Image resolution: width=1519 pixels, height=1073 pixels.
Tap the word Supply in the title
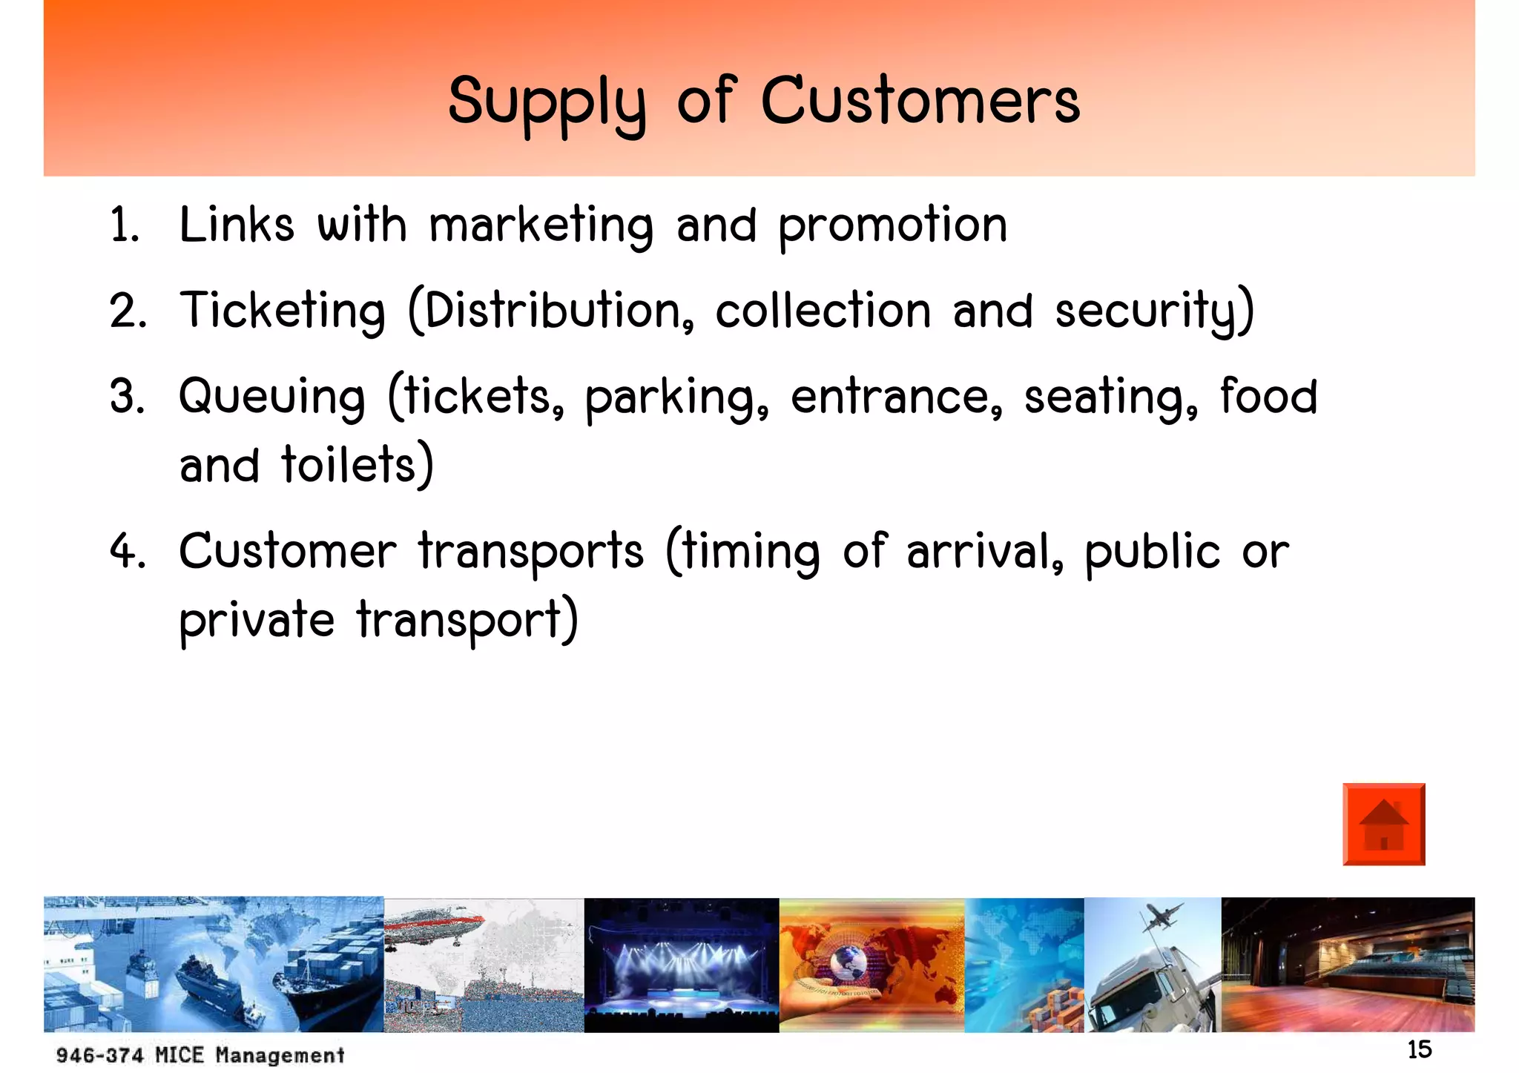coord(547,104)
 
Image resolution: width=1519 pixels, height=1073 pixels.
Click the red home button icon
coord(1383,824)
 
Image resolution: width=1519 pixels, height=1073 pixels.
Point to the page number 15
coord(1419,1050)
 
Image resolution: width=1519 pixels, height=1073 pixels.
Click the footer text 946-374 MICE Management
coord(200,1054)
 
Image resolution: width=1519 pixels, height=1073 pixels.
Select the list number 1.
coord(123,225)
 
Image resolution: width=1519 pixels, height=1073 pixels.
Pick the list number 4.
coord(127,552)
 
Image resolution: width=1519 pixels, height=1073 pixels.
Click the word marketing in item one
coord(541,225)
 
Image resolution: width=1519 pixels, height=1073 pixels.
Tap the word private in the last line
coord(257,620)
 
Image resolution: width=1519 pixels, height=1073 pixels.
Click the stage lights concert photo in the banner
coord(681,964)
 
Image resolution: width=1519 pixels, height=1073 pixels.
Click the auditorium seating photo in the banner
coord(1347,964)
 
